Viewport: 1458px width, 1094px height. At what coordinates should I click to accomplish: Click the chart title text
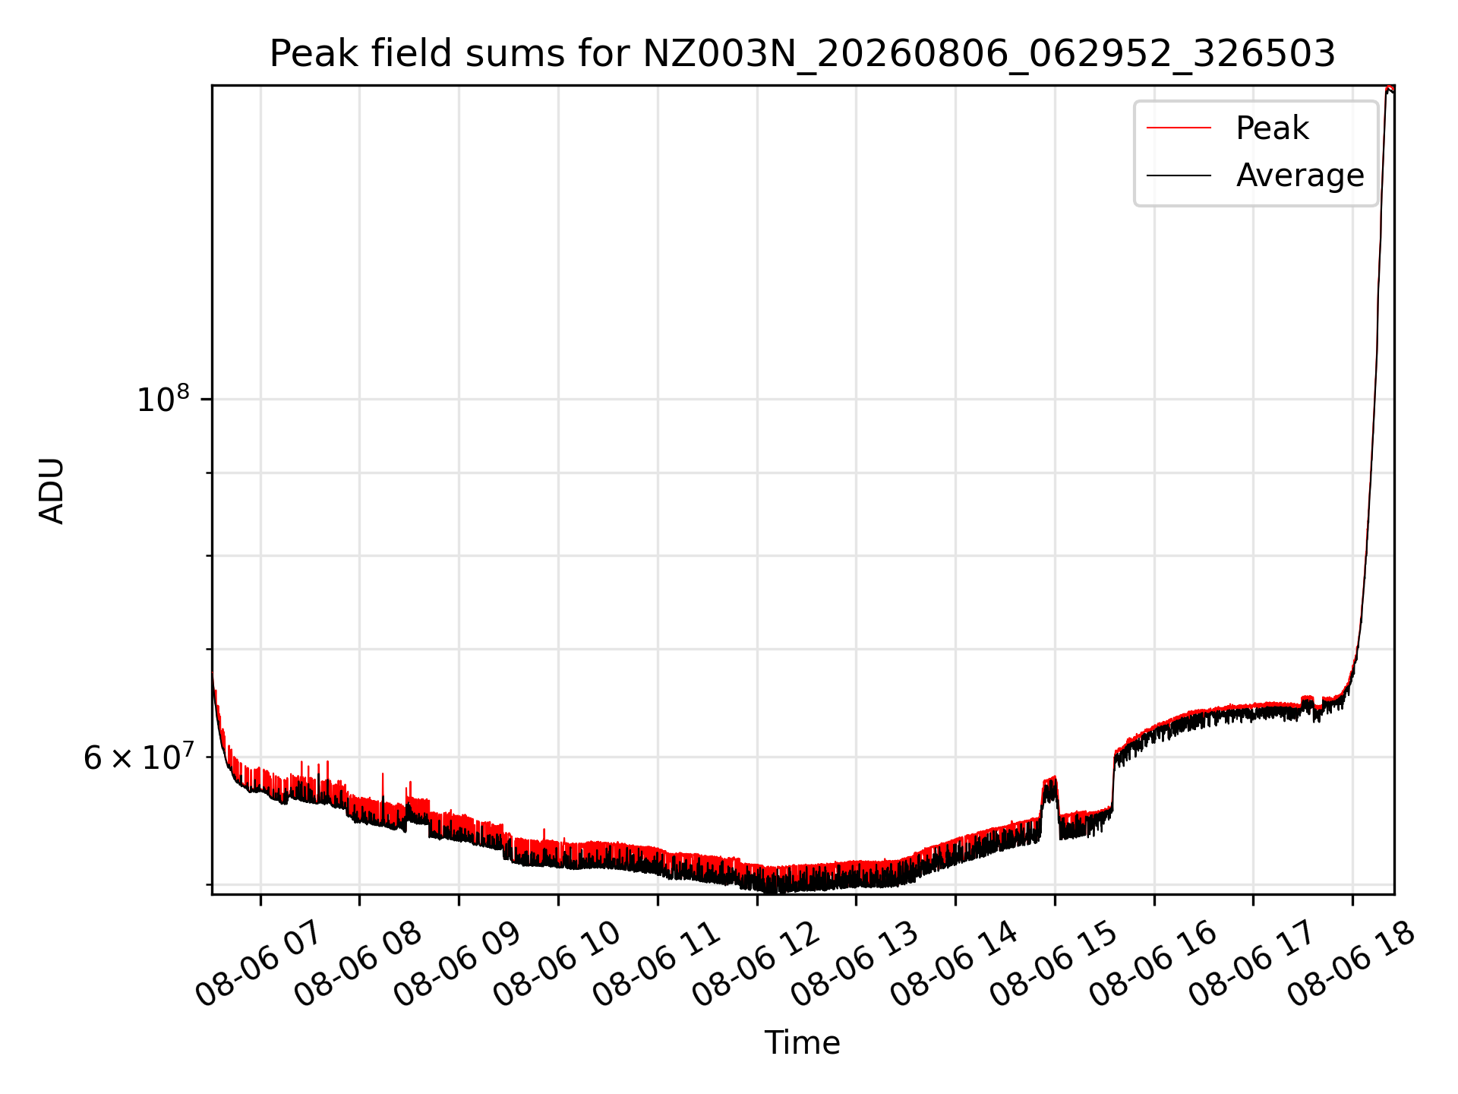(x=803, y=54)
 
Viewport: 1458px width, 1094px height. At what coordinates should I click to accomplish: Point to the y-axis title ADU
(x=52, y=490)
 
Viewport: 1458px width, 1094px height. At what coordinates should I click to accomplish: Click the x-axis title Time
(x=803, y=1042)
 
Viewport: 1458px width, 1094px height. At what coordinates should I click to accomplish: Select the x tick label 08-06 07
(x=259, y=965)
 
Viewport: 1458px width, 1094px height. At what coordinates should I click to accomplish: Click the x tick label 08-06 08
(x=358, y=965)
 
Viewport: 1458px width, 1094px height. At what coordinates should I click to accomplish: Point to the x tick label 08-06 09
(x=458, y=965)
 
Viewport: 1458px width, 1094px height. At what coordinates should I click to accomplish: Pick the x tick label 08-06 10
(x=557, y=965)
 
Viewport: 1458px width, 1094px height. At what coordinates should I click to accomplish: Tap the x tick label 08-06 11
(x=657, y=965)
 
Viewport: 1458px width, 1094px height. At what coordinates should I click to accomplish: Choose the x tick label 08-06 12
(x=756, y=965)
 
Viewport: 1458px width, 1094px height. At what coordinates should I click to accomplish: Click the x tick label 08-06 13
(x=855, y=965)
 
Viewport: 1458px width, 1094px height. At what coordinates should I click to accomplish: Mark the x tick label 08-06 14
(x=955, y=965)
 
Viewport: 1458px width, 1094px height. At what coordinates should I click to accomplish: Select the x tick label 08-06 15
(x=1054, y=965)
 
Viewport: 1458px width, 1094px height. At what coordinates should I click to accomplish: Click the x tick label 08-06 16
(x=1153, y=965)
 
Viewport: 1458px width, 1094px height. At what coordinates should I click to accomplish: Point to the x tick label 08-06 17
(x=1252, y=965)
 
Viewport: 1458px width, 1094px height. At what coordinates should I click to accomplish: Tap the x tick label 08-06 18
(x=1352, y=965)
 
